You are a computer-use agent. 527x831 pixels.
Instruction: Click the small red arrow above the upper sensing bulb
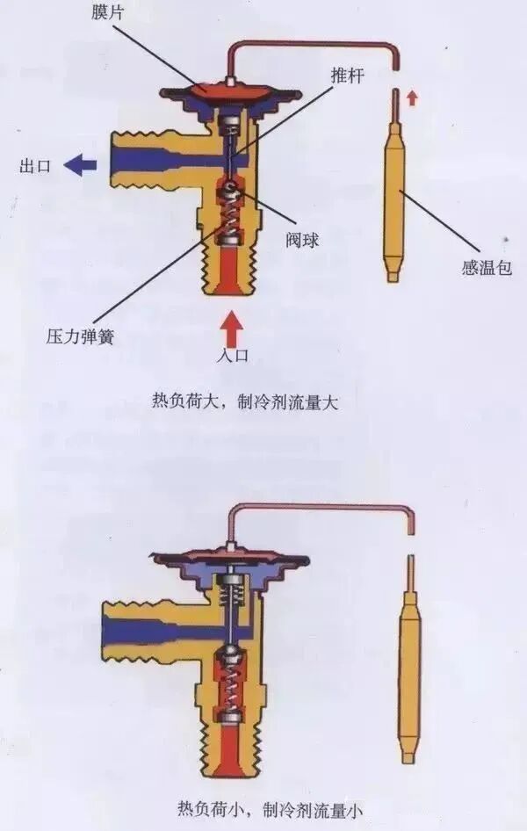411,98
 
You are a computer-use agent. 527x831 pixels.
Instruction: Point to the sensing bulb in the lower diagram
408,668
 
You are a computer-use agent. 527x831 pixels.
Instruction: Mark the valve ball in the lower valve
231,654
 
